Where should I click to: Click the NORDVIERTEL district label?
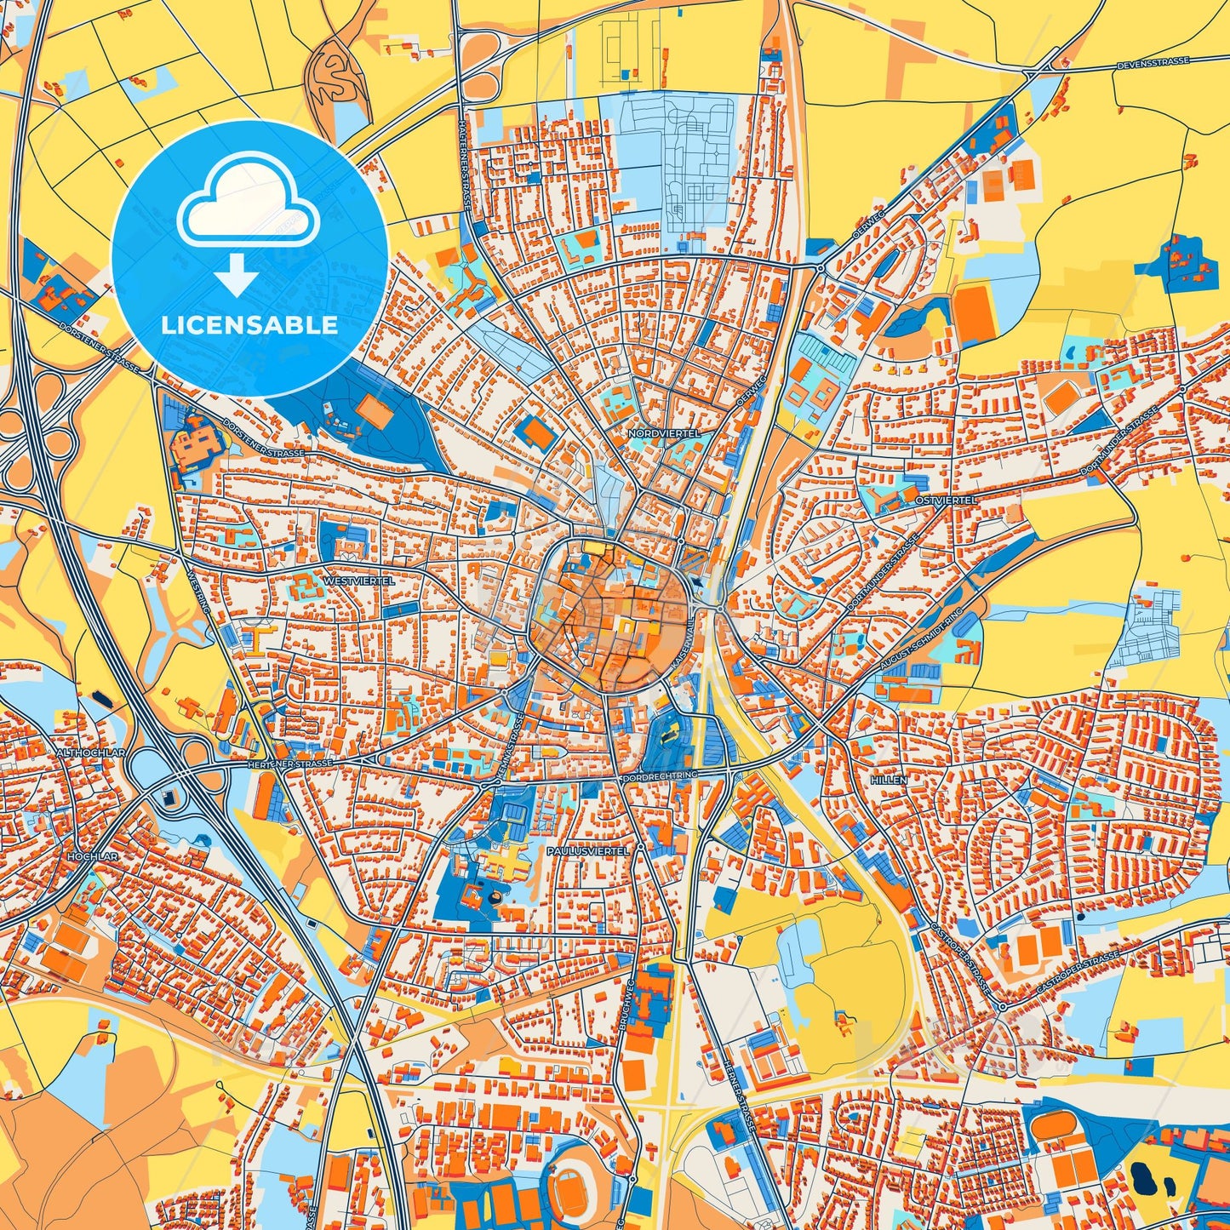(x=664, y=433)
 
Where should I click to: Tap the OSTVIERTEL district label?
(x=947, y=501)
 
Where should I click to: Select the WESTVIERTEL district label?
(x=358, y=581)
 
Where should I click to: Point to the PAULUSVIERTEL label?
(x=587, y=850)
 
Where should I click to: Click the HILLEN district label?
(x=889, y=780)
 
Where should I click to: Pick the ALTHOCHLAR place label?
(x=90, y=753)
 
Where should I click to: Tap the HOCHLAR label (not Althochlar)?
(x=91, y=855)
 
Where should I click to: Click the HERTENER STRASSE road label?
(x=289, y=764)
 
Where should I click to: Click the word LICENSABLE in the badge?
(x=249, y=325)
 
